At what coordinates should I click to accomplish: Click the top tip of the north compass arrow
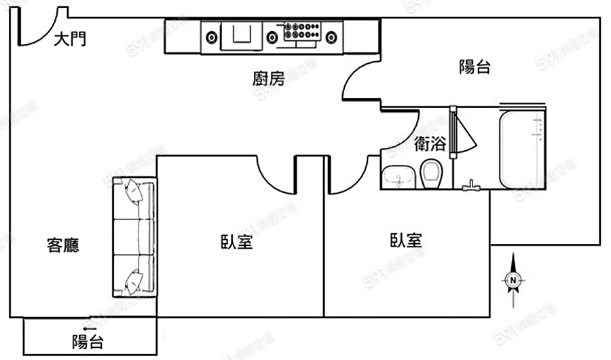pos(513,253)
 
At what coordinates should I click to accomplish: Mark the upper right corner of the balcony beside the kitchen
pos(600,18)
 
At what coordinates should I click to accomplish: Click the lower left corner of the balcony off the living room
pos(24,355)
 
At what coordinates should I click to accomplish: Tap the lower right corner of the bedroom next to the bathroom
pos(489,317)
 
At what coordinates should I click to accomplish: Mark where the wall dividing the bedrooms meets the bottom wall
pos(324,317)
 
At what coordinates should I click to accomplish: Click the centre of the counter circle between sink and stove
pos(272,38)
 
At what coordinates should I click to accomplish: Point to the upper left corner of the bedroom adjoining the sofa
pos(157,156)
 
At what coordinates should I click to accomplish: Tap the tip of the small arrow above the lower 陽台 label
pos(84,329)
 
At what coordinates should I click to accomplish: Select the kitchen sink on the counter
pos(242,36)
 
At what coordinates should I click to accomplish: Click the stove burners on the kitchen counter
pos(302,31)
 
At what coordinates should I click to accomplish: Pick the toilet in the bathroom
pos(431,174)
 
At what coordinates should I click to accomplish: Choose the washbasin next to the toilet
pos(399,177)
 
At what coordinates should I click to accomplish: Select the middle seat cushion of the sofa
pos(134,237)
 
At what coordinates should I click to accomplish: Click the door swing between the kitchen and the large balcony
pos(361,80)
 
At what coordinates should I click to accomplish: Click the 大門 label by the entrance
pos(70,39)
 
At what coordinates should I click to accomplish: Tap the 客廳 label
pos(63,245)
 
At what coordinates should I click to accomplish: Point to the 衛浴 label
pos(430,143)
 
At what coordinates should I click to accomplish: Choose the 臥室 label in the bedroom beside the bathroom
pos(406,240)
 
